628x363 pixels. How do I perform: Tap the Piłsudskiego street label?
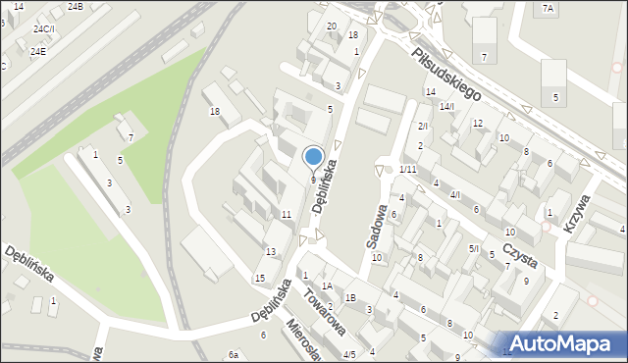click(x=445, y=77)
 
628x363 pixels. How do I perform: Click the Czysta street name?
click(x=519, y=254)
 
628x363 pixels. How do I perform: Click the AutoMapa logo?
click(x=563, y=343)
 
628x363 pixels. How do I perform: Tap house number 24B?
click(x=76, y=7)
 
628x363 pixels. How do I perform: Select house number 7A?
click(x=548, y=9)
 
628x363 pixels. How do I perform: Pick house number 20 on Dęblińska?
click(x=332, y=26)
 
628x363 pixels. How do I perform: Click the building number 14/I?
click(x=446, y=106)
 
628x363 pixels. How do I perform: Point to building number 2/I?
click(x=423, y=127)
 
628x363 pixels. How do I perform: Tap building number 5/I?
click(x=473, y=248)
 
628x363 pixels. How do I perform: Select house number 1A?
click(x=328, y=285)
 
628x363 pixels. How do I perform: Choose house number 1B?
click(x=349, y=297)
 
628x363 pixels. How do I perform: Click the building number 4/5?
click(x=349, y=354)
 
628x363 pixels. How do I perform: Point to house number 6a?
click(x=234, y=354)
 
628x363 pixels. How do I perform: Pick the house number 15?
click(x=260, y=279)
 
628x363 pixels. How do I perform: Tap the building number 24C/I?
click(x=42, y=29)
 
